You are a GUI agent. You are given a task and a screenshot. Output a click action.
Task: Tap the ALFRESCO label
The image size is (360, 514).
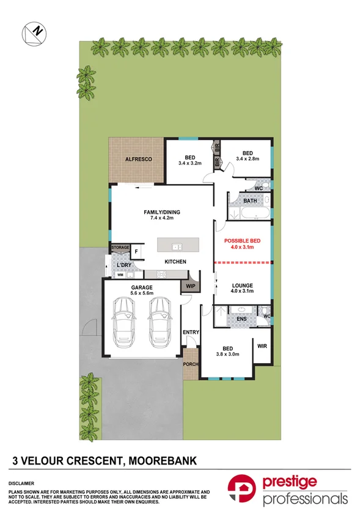coord(138,159)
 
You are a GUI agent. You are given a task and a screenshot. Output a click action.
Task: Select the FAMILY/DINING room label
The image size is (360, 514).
coord(162,213)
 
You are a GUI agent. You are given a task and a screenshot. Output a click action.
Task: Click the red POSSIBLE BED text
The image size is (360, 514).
coord(243,241)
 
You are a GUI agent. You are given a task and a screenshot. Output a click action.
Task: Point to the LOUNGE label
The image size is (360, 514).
coord(243,285)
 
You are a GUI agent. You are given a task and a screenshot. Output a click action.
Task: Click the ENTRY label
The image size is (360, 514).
coord(191,332)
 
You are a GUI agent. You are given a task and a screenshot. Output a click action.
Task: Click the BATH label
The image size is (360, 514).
coord(250,200)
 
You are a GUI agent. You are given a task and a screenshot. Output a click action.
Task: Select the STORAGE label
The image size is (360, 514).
coord(120,248)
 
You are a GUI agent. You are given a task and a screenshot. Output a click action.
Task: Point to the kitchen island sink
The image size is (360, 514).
coord(176,246)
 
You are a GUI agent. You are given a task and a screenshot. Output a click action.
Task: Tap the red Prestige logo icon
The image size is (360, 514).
coord(243,490)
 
